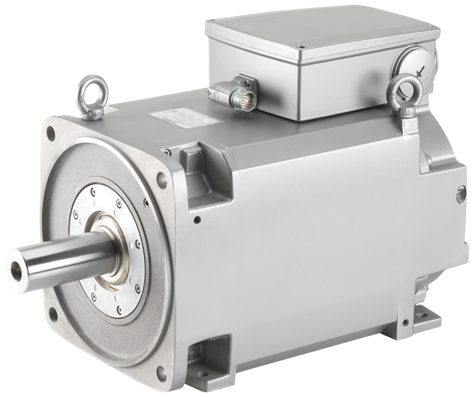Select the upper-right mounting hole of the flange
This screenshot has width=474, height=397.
tap(162, 177)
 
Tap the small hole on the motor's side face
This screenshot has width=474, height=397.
tap(196, 220)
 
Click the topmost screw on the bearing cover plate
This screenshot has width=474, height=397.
tap(102, 186)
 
